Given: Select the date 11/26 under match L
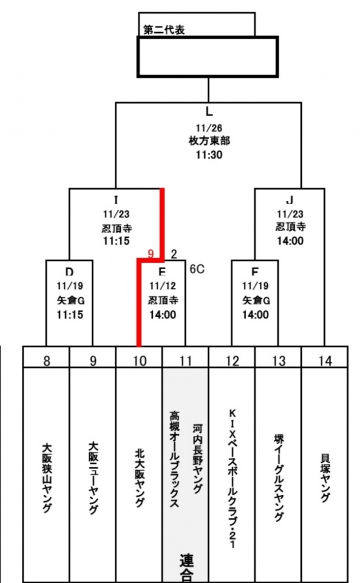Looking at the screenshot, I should click(x=209, y=128).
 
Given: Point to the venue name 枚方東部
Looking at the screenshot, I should click(x=209, y=141).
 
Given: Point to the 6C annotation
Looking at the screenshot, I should click(x=196, y=269).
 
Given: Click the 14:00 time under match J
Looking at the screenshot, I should click(x=290, y=240).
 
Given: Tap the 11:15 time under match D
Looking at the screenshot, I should click(x=70, y=314).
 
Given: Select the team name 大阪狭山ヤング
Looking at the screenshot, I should click(x=47, y=477).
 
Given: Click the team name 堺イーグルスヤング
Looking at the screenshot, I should click(x=278, y=478).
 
